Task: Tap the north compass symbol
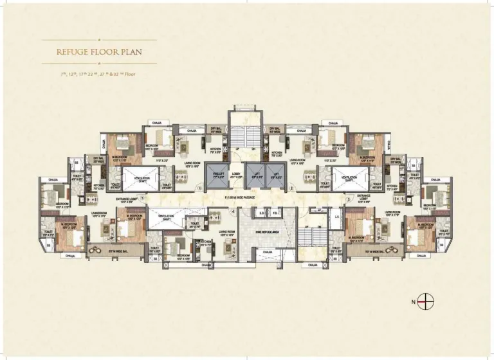[x=423, y=300]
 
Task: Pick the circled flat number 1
[x=200, y=188]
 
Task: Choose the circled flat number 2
[x=291, y=188]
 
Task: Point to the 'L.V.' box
[x=336, y=217]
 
